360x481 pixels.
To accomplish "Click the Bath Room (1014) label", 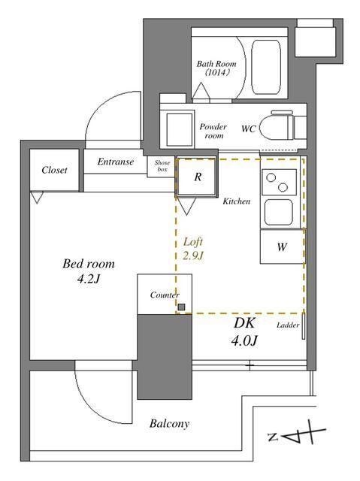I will tap(217, 68).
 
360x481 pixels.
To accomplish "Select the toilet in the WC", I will tap(283, 127).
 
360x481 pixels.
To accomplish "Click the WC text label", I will tap(248, 129).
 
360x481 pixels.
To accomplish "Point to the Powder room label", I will tap(213, 132).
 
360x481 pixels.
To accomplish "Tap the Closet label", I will tap(54, 171).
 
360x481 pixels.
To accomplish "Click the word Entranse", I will tap(115, 162).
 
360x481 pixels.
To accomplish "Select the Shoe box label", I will tap(162, 166).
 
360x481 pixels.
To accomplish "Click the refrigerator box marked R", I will tap(198, 177).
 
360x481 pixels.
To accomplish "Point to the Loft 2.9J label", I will tap(194, 249).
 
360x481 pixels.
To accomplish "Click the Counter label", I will tap(163, 295).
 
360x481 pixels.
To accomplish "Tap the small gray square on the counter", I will tap(182, 307).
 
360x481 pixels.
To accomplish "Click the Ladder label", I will tap(287, 325).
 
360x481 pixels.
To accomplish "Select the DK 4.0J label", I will tap(244, 331).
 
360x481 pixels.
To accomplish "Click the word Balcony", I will tap(168, 424).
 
